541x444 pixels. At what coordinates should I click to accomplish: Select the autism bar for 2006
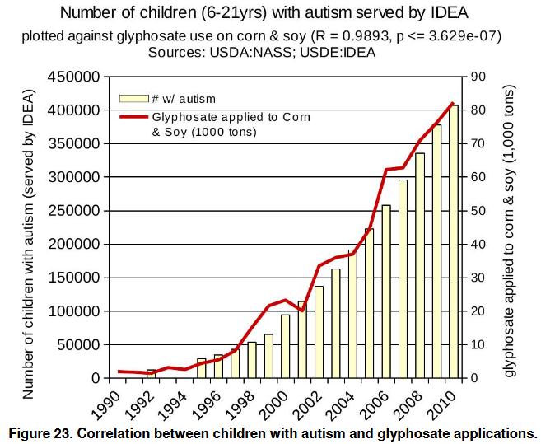pos(387,292)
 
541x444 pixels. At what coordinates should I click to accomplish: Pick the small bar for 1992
pos(151,374)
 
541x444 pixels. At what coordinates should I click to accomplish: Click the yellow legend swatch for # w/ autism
pos(134,99)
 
